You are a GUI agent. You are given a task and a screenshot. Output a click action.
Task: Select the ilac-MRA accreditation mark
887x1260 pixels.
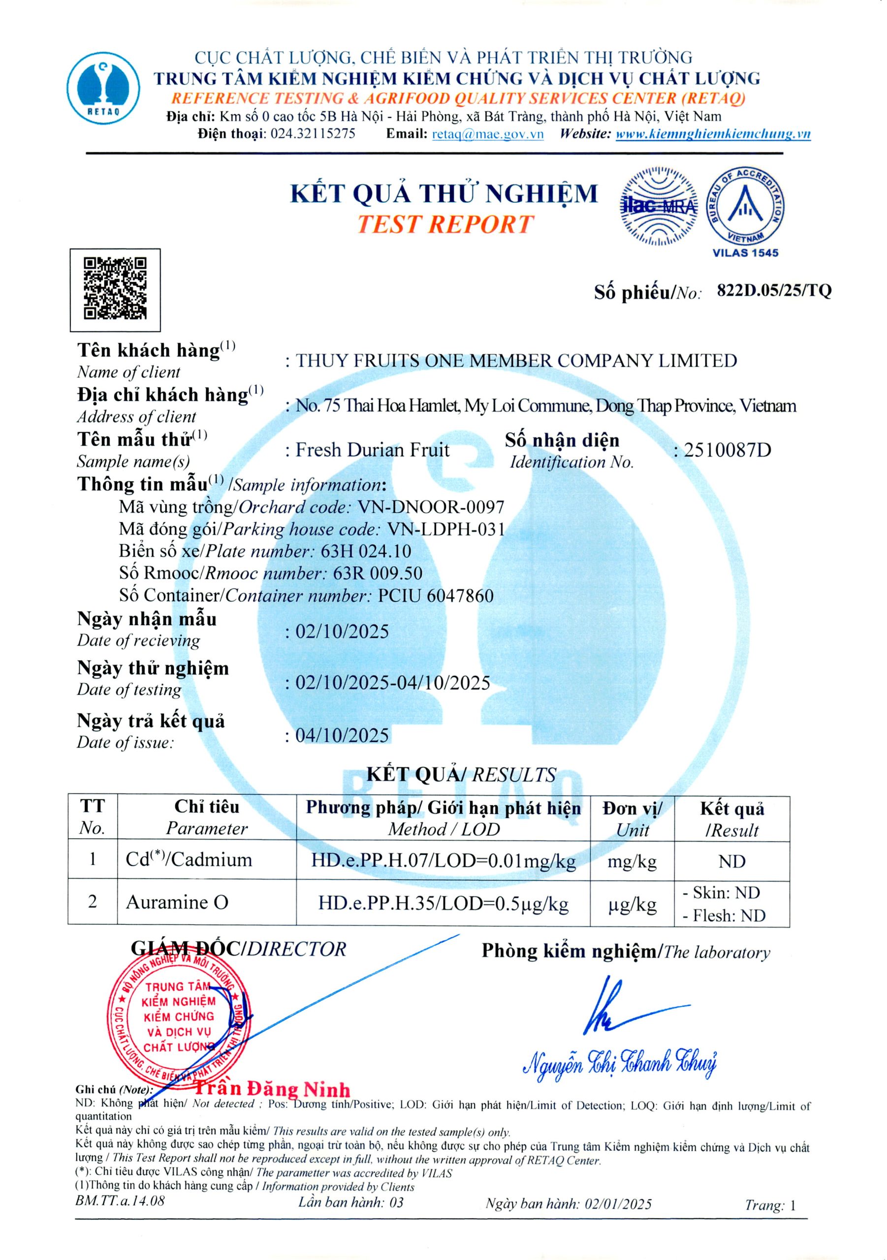point(659,206)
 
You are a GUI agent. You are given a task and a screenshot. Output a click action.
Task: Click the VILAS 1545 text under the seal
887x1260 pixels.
point(745,253)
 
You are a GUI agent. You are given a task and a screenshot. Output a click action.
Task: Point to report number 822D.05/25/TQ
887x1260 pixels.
point(774,291)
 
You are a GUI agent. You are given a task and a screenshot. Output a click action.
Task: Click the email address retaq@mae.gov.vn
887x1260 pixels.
point(488,134)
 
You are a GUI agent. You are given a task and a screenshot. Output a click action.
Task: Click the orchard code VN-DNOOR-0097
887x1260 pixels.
point(431,507)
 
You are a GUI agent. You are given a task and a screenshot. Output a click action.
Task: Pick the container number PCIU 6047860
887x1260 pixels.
point(436,596)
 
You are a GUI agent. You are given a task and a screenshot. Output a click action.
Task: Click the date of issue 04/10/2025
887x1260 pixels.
point(342,735)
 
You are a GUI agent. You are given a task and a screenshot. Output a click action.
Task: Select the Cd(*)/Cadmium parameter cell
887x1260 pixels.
point(189,859)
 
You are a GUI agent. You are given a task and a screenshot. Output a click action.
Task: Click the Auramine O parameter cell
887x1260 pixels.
point(177,902)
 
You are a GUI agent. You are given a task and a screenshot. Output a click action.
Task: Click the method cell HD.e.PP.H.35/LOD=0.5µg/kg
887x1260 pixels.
point(443,903)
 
